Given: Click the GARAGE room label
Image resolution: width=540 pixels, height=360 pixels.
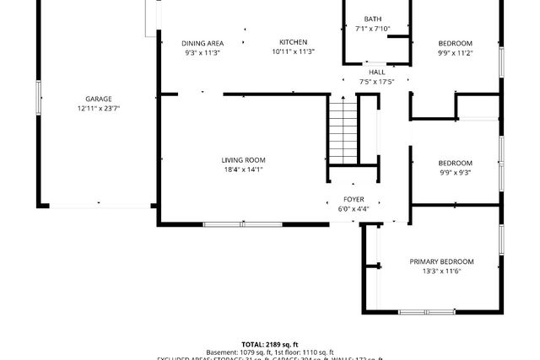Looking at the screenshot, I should coord(98,99).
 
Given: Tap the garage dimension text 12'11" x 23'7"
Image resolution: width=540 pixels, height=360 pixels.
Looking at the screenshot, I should coord(98,108).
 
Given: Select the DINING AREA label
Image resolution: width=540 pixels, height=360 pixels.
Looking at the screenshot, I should coord(202,43).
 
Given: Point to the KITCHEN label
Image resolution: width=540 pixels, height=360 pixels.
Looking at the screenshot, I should coord(294,42).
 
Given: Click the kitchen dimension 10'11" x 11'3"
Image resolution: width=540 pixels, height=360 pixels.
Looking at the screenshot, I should coord(294,51).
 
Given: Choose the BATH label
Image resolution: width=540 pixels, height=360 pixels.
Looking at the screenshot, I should coord(372,19).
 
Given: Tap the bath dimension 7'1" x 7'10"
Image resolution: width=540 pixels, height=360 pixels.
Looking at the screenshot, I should coord(372,29).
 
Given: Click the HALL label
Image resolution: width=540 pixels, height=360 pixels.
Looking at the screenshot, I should coord(376,73).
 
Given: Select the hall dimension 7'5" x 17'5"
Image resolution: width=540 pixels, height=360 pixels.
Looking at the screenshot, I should coord(376,82).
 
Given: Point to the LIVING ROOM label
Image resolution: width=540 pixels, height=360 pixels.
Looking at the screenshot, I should coord(243,160).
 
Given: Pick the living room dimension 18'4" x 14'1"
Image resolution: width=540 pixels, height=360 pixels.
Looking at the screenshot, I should coord(243,169).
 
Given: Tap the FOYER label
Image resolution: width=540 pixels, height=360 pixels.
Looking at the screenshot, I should coord(353,199).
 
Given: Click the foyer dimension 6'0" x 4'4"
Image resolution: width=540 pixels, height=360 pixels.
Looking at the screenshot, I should coord(353,208).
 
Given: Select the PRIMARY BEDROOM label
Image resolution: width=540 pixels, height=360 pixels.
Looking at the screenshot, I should coord(441,261).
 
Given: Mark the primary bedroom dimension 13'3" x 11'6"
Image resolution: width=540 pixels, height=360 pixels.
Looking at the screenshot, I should coord(441,271).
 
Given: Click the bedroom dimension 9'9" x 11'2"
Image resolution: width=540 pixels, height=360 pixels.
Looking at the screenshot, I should coord(455,52).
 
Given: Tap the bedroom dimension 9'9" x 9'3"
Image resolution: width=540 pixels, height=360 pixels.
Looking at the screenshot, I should coord(455,172).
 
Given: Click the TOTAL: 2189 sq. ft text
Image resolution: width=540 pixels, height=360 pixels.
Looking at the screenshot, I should coord(270,344).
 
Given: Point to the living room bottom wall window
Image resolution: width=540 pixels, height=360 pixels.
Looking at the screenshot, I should coord(243,224).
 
